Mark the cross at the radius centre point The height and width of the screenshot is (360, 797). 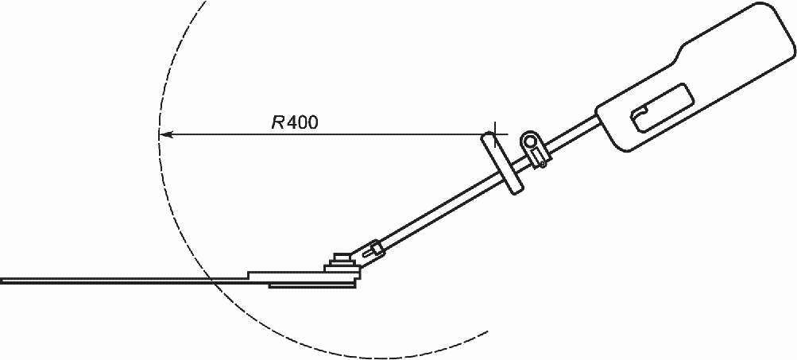(494, 133)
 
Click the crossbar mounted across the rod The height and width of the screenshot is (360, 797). (501, 163)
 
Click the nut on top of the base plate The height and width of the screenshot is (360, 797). (342, 259)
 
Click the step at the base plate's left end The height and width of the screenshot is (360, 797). (250, 274)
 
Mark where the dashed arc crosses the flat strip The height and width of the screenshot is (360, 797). (209, 279)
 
